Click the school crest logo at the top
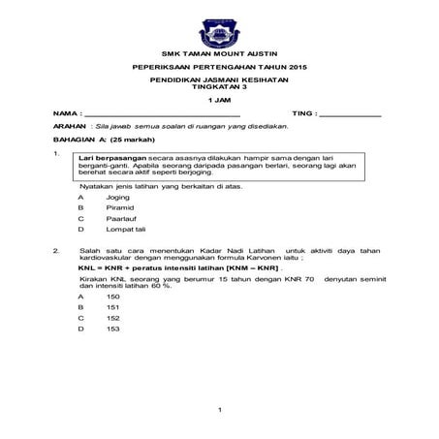(x=219, y=24)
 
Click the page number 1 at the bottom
(x=221, y=411)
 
